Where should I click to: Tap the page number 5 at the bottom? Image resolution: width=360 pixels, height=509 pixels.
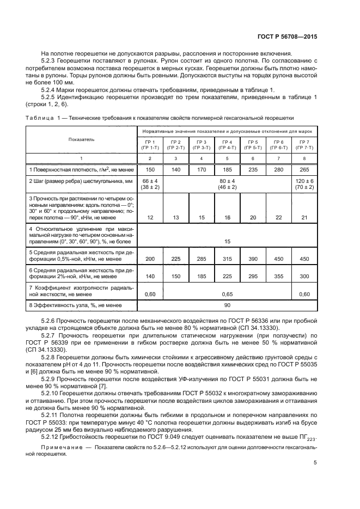pyautogui.click(x=315, y=463)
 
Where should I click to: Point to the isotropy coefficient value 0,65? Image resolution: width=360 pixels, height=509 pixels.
pyautogui.click(x=225, y=293)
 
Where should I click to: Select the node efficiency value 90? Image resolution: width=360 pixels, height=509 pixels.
pyautogui.click(x=225, y=305)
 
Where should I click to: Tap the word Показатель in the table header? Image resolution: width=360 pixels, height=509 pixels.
pyautogui.click(x=81, y=140)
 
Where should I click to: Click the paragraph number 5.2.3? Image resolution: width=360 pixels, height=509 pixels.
pyautogui.click(x=51, y=60)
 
